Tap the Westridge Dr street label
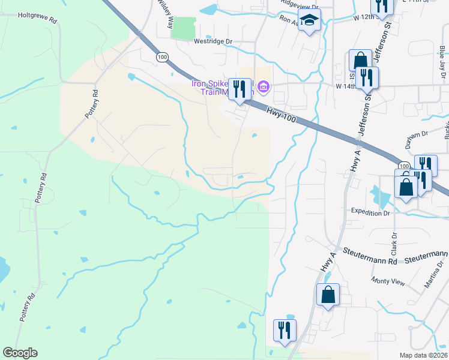[x=212, y=41]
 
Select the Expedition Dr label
[x=370, y=212]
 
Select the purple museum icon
[x=263, y=88]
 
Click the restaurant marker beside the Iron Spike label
[x=240, y=89]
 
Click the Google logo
[x=21, y=353]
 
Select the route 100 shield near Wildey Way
[x=161, y=56]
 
